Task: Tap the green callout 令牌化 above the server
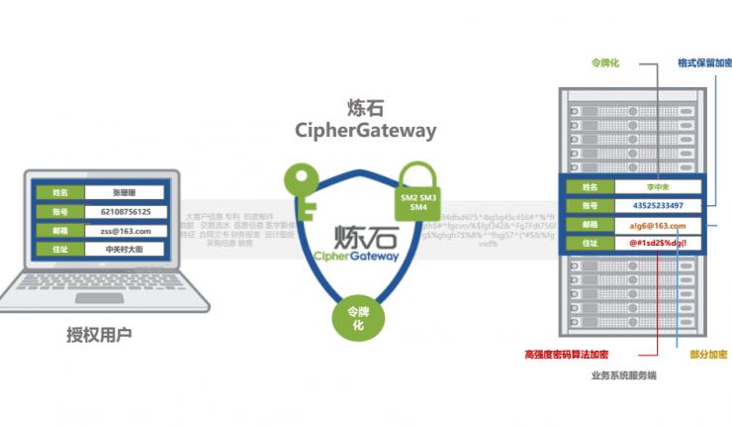[604, 61]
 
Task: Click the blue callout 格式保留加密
[703, 61]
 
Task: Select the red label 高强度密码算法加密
[565, 354]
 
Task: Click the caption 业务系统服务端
[623, 375]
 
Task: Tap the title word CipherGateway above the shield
[365, 130]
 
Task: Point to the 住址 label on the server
[591, 244]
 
